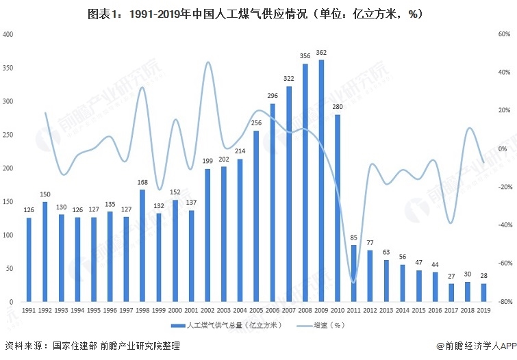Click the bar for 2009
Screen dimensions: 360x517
pos(321,181)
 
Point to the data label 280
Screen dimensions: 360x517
pos(338,107)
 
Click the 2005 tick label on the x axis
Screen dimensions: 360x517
pos(255,310)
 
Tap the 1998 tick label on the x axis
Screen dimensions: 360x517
pos(142,310)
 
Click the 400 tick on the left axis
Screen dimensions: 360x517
pos(8,34)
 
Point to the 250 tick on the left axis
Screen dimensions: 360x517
pos(8,135)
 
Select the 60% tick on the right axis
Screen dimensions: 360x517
pos(503,34)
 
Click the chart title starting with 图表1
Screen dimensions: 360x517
pos(258,13)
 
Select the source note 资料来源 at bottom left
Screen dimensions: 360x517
pos(92,346)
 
